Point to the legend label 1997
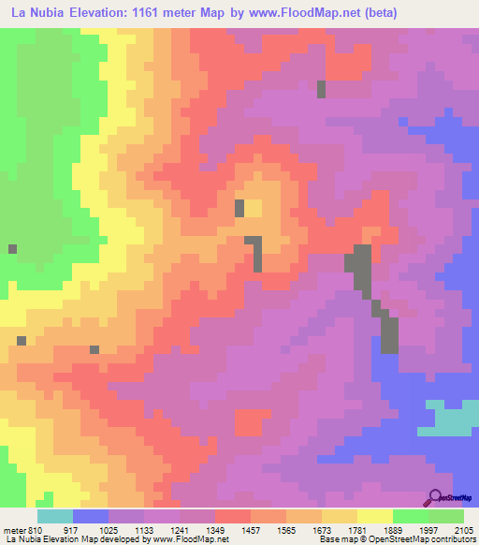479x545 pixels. click(428, 529)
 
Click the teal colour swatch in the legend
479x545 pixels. click(55, 516)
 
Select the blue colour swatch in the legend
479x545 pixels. click(91, 516)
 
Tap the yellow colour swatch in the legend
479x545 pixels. click(374, 516)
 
